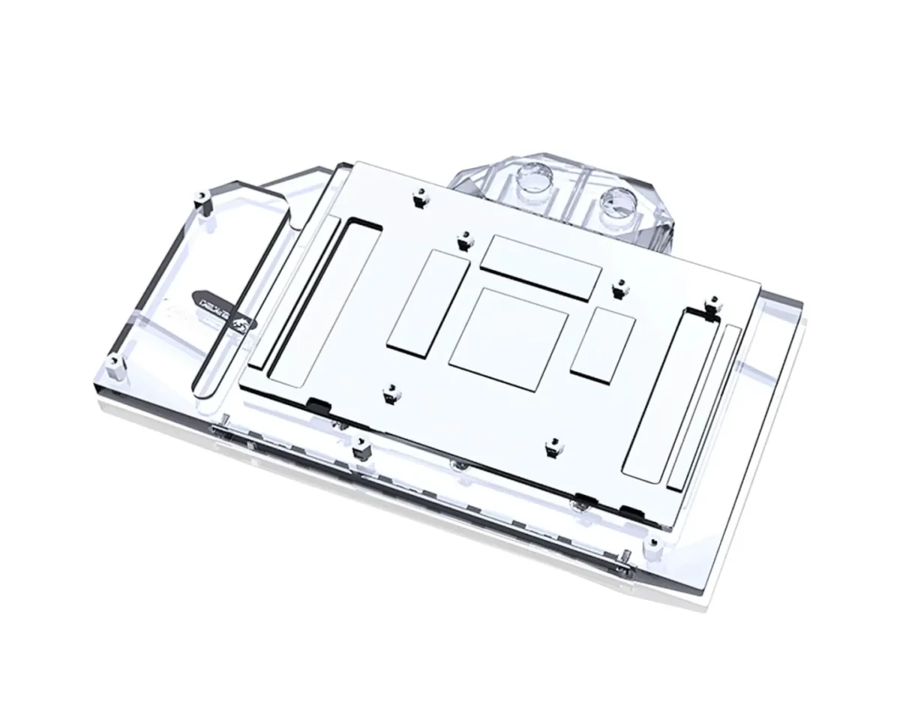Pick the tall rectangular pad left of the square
coord(426,302)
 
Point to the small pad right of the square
coord(603,343)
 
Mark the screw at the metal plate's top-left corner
coord(418,198)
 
